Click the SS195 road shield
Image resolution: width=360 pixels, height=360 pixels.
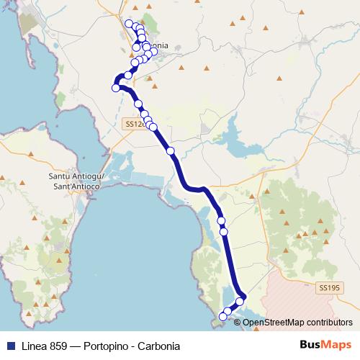[x=328, y=287]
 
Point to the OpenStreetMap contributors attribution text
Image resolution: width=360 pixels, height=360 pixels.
[x=297, y=322]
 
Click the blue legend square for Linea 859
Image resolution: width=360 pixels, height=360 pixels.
[x=9, y=346]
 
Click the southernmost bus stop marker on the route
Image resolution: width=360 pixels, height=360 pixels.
[x=222, y=317]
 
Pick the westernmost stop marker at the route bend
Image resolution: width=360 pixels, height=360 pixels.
[x=116, y=88]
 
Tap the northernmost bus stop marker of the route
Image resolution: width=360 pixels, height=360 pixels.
[x=130, y=24]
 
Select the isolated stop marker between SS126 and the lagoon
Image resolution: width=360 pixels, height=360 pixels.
[x=171, y=150]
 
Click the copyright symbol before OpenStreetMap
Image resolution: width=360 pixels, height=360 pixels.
[x=238, y=322]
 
